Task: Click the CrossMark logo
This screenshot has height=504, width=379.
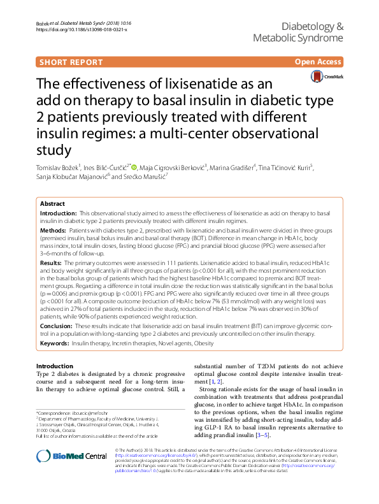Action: coord(326,76)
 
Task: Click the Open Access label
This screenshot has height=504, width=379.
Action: coord(318,62)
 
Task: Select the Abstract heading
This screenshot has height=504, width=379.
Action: coord(52,203)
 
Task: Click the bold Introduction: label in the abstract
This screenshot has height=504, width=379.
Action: coord(58,213)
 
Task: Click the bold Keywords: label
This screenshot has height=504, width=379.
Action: coord(55,343)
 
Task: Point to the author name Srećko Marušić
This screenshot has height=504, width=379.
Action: coord(145,176)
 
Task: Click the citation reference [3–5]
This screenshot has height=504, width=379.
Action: coord(262,453)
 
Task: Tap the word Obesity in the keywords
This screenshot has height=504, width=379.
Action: coord(203,343)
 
